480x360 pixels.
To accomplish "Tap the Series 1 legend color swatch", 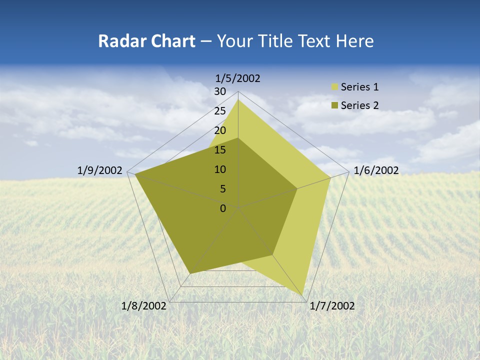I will pyautogui.click(x=334, y=87).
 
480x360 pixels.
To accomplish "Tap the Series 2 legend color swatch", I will pyautogui.click(x=334, y=105).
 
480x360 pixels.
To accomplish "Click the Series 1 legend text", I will pyautogui.click(x=359, y=87).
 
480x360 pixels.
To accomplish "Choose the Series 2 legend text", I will pyautogui.click(x=359, y=105).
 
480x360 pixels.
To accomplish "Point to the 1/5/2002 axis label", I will pyautogui.click(x=238, y=78).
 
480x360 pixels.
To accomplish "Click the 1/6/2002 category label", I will pyautogui.click(x=376, y=170).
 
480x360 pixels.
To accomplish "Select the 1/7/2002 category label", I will pyautogui.click(x=332, y=306).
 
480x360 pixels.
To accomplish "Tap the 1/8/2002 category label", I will pyautogui.click(x=144, y=306).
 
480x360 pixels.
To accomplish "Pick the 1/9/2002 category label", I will pyautogui.click(x=99, y=170).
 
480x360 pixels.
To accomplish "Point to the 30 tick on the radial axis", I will pyautogui.click(x=220, y=91).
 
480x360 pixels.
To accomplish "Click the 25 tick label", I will pyautogui.click(x=220, y=111).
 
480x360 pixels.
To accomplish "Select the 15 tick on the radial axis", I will pyautogui.click(x=220, y=150).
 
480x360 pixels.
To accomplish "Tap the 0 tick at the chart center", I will pyautogui.click(x=223, y=208).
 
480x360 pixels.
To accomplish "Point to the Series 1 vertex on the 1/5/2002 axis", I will pyautogui.click(x=238, y=99).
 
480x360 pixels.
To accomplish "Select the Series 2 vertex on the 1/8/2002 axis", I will pyautogui.click(x=190, y=273).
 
